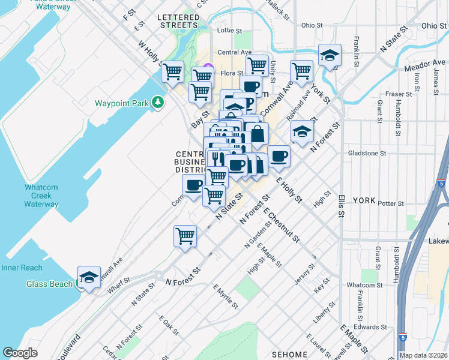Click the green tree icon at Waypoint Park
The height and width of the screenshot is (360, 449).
tap(158, 103)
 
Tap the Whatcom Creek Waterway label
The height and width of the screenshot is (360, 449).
tap(41, 196)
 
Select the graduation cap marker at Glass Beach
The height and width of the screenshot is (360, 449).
tap(89, 277)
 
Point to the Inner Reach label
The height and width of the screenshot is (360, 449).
tap(22, 268)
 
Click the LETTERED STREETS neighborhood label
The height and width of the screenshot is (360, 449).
tap(178, 21)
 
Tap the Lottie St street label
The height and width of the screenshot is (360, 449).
tap(229, 30)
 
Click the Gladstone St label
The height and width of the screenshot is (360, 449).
tap(367, 153)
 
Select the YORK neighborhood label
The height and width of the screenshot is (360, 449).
tap(363, 200)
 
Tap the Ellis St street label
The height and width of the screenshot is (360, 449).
tap(341, 205)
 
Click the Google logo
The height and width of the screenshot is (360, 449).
tap(20, 353)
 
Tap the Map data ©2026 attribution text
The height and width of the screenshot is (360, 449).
tap(423, 355)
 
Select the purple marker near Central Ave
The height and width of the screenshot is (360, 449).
tap(208, 67)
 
